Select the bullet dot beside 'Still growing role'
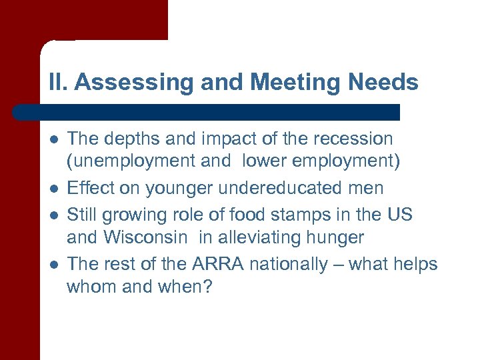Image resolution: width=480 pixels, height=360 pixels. (x=53, y=215)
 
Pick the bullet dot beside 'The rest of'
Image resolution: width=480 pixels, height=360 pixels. (x=53, y=265)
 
